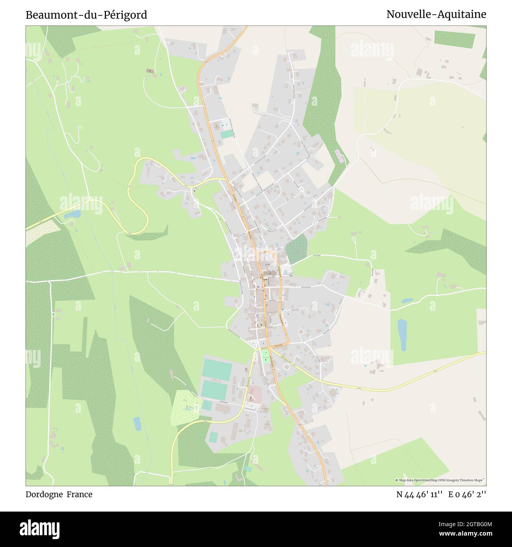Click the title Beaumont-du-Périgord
tap(86, 15)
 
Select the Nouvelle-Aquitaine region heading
tap(436, 15)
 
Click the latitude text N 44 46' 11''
tap(420, 495)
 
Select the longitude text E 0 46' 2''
tap(467, 495)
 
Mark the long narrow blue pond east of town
tap(402, 334)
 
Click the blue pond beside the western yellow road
tap(72, 214)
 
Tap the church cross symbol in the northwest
tap(150, 71)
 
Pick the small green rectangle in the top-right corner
tap(454, 39)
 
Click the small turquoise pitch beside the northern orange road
tap(226, 134)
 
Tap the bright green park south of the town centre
tap(265, 356)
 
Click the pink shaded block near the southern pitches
tap(254, 392)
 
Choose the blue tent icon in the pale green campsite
tap(187, 407)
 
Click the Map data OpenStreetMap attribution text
tap(440, 480)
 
